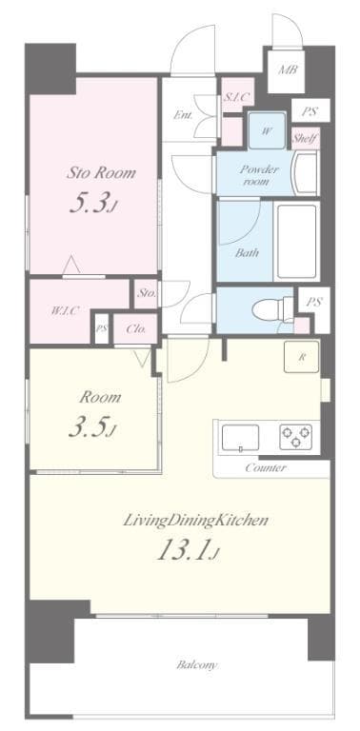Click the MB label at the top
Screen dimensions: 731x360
pos(287,69)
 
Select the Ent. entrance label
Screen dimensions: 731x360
pos(184,116)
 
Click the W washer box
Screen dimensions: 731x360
pos(266,131)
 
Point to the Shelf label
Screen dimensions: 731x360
pos(304,137)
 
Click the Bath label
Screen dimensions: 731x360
pos(247,252)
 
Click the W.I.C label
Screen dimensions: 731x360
pos(65,310)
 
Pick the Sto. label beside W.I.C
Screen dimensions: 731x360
pos(146,293)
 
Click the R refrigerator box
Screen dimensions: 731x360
pos(301,358)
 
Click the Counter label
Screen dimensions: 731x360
pos(266,468)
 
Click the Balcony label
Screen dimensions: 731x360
pos(196,664)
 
